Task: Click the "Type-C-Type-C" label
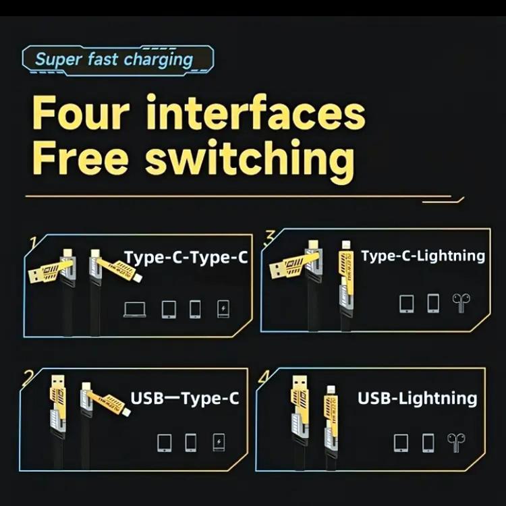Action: point(186,257)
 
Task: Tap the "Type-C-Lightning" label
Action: point(423,256)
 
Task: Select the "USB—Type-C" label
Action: point(184,398)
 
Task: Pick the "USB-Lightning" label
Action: point(417,398)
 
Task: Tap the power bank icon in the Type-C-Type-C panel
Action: point(223,309)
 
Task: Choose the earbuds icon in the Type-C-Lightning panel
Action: point(461,303)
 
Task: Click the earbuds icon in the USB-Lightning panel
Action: point(454,443)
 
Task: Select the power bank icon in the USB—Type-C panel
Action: point(218,443)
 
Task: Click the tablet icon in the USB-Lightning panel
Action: point(401,443)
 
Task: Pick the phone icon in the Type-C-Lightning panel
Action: point(433,303)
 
